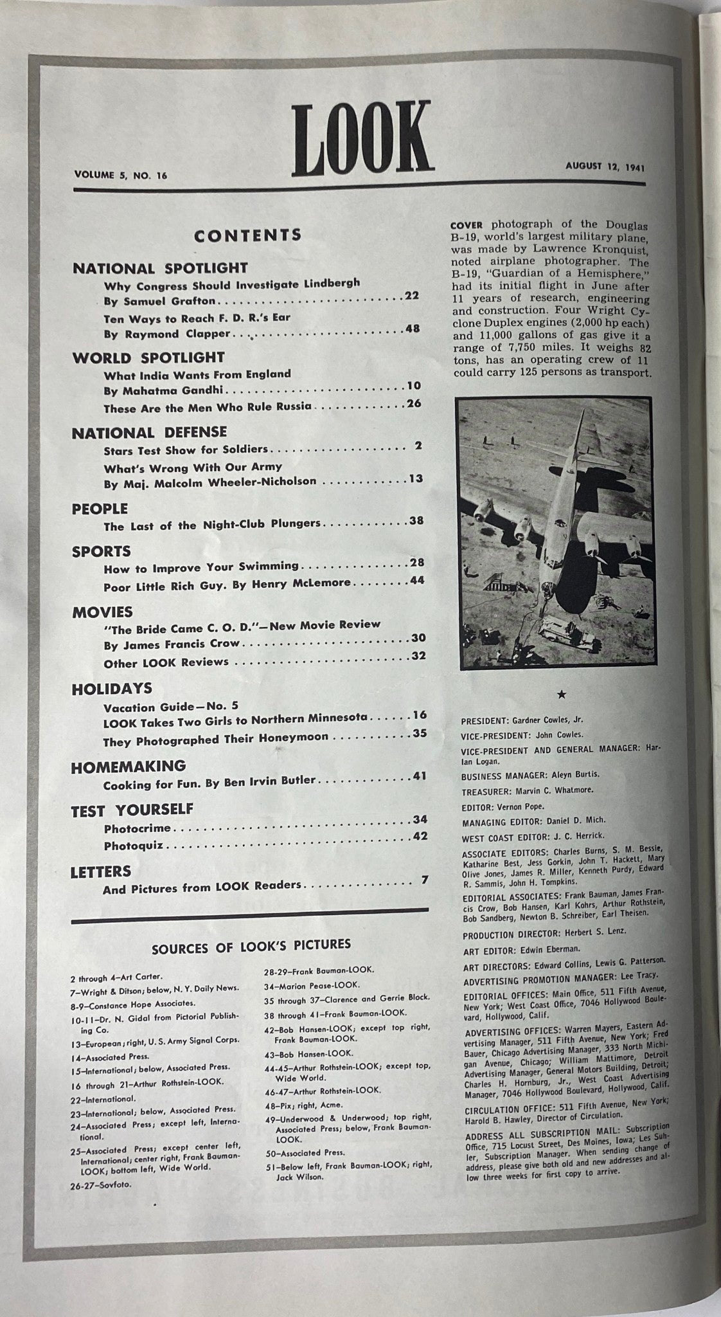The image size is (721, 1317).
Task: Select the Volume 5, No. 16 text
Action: coord(120,174)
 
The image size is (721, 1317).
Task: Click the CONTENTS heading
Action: coord(247,235)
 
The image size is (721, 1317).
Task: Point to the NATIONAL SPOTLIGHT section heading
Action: coord(160,268)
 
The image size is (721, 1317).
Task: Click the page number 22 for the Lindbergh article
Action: coord(412,296)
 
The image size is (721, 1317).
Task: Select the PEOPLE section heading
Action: coord(100,509)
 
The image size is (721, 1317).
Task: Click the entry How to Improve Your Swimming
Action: coord(201,567)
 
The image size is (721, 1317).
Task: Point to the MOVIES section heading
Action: coord(102,612)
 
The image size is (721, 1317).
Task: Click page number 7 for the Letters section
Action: coord(424,879)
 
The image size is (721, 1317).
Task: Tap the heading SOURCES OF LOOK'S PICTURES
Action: coord(251,944)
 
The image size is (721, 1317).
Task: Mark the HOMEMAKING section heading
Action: coord(129,767)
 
